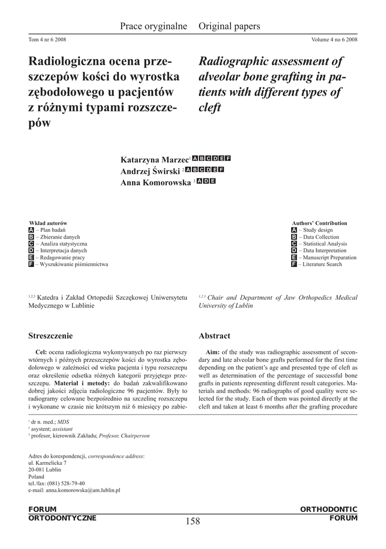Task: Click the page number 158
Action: (x=192, y=521)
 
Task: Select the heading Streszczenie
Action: (x=50, y=336)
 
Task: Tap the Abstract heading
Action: (x=214, y=336)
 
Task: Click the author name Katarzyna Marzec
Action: (x=154, y=160)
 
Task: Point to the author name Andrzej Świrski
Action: (x=150, y=171)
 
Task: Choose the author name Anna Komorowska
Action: (x=155, y=182)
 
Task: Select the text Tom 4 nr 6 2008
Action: (x=47, y=40)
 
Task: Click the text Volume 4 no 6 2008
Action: (x=334, y=40)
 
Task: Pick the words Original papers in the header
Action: (x=229, y=26)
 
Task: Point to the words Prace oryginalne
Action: (x=153, y=26)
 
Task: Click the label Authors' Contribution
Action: (x=320, y=223)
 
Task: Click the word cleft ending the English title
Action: (x=210, y=108)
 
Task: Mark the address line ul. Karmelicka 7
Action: (x=47, y=463)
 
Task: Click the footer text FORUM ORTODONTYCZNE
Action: (x=62, y=514)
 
